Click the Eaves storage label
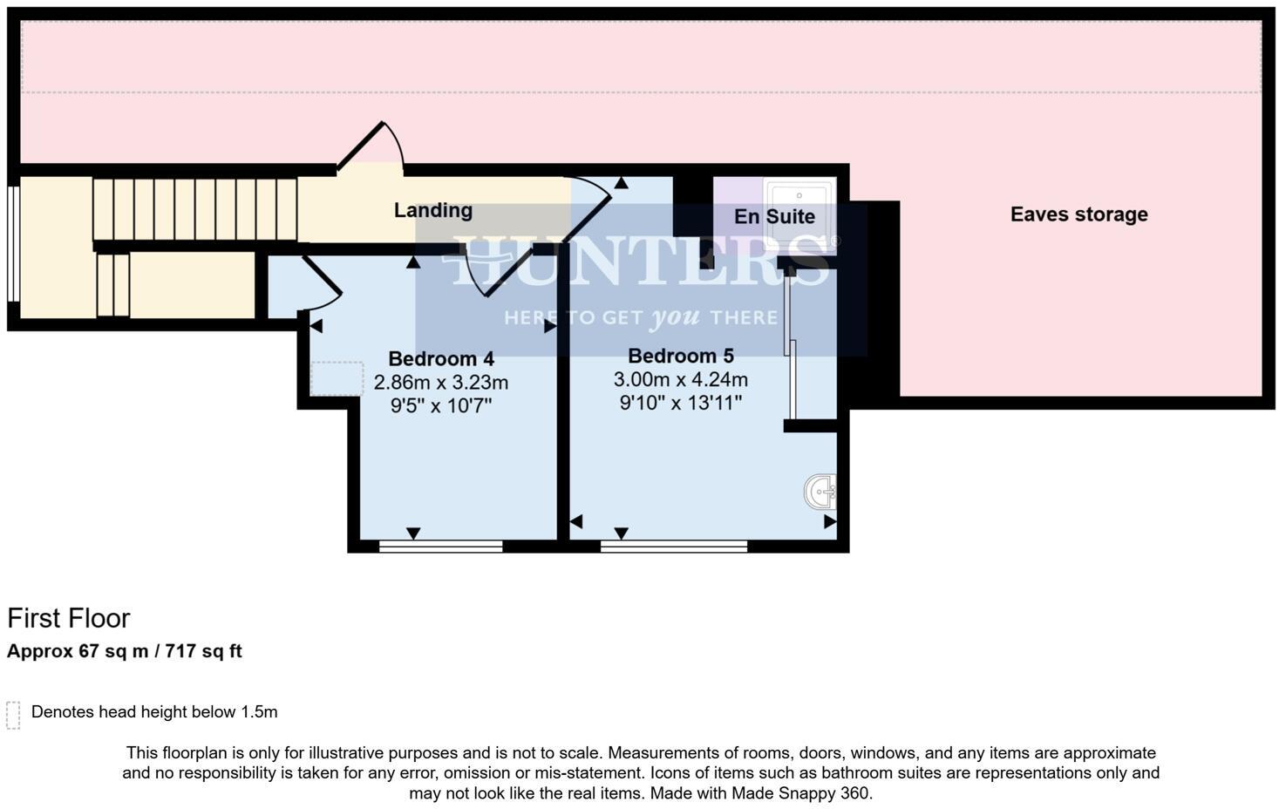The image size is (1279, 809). (x=1078, y=214)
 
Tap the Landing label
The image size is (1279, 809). (x=432, y=210)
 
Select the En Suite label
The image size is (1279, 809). (x=774, y=216)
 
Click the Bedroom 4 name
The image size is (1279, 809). (x=440, y=358)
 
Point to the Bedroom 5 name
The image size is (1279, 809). (x=680, y=356)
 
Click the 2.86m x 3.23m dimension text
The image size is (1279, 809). (x=440, y=383)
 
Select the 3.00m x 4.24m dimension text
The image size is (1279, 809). (x=680, y=380)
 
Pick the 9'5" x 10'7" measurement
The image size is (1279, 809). (x=440, y=405)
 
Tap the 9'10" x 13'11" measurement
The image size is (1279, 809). (x=680, y=403)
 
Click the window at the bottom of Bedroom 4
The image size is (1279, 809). (x=440, y=547)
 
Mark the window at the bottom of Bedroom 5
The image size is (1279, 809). (x=673, y=547)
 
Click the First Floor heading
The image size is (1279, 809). (x=69, y=618)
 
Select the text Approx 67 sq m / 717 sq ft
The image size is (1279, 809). (x=125, y=651)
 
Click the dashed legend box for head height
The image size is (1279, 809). (x=13, y=714)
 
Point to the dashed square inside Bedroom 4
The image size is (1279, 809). (x=337, y=379)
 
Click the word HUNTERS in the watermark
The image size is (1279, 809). (x=641, y=259)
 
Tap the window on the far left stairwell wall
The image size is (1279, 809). (x=13, y=243)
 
